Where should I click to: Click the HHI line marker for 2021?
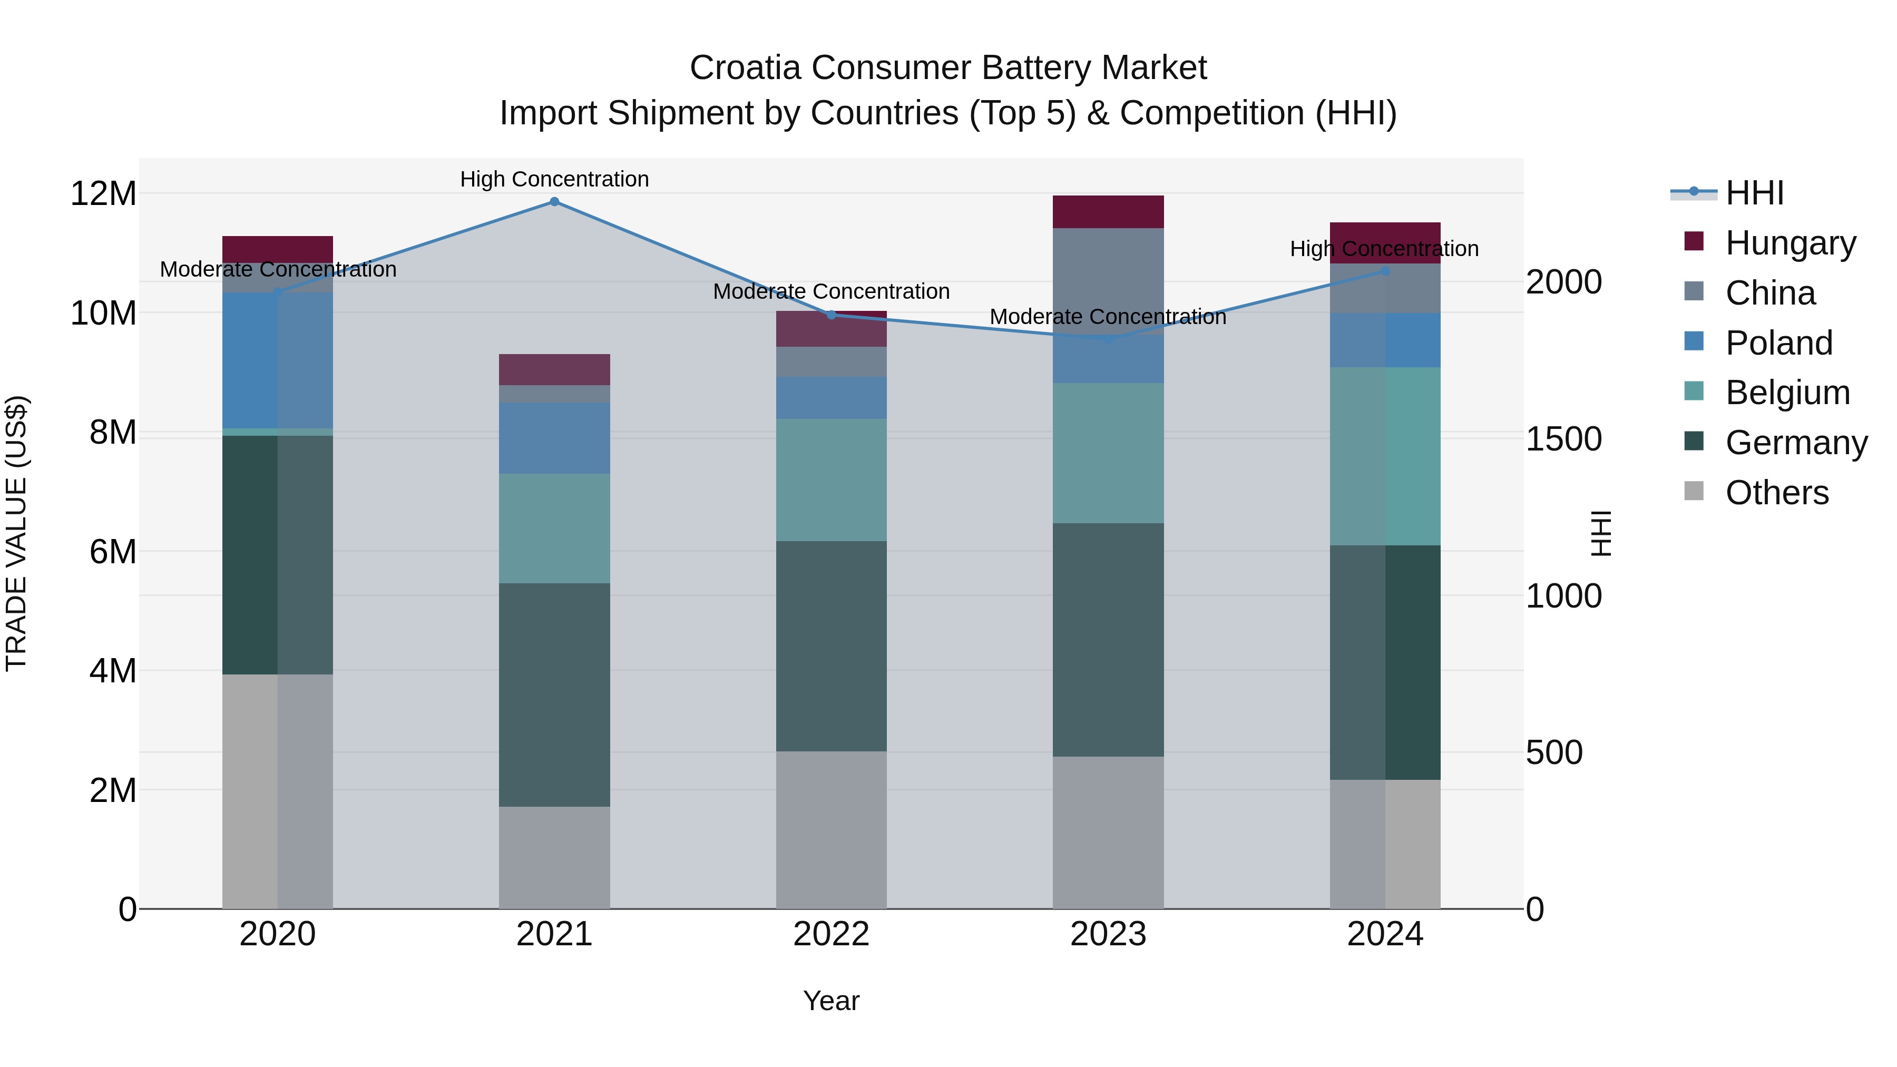pos(554,202)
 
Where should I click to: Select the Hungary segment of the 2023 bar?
pos(1108,212)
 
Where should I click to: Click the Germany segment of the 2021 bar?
pos(554,694)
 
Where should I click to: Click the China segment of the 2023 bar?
pos(1108,280)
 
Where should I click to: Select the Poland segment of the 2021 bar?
pos(554,438)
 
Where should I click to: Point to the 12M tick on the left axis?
pos(103,194)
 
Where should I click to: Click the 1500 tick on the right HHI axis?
pos(1563,439)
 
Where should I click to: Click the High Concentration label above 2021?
pos(554,179)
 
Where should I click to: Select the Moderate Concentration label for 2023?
pos(1108,317)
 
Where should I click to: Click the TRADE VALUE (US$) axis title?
pos(16,533)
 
